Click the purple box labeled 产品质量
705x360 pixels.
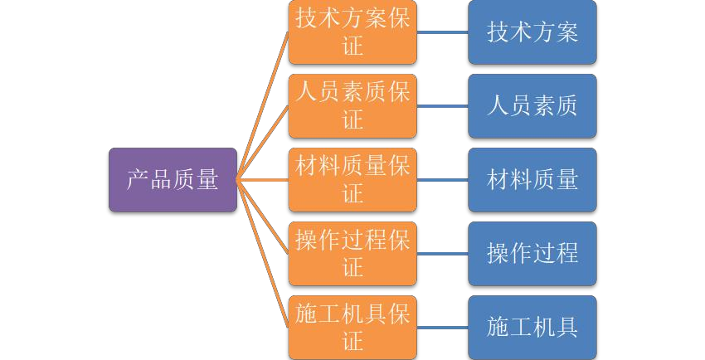[x=173, y=179]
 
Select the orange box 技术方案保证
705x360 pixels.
[x=352, y=32]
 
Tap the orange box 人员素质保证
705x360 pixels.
[x=352, y=105]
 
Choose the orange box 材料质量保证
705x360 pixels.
[x=352, y=179]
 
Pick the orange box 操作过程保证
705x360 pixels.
[x=352, y=253]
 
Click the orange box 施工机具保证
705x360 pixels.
[x=352, y=327]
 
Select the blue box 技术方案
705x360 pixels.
[x=532, y=32]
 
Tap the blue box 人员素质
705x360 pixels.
[x=532, y=105]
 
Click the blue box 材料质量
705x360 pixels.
[x=532, y=179]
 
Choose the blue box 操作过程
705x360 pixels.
[x=532, y=253]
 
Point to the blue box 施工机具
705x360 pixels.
[x=532, y=327]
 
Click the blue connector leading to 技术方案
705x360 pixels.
[x=442, y=32]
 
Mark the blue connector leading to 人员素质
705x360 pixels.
[x=442, y=105]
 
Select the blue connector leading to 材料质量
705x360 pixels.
[x=442, y=179]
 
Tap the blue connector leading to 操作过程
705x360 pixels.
[x=442, y=253]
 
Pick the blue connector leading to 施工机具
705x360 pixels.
[x=442, y=327]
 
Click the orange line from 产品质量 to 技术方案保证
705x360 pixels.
[x=263, y=105]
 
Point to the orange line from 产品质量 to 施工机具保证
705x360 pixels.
[x=263, y=253]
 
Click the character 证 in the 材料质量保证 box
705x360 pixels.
[x=353, y=193]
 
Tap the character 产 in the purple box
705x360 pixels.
[x=138, y=179]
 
